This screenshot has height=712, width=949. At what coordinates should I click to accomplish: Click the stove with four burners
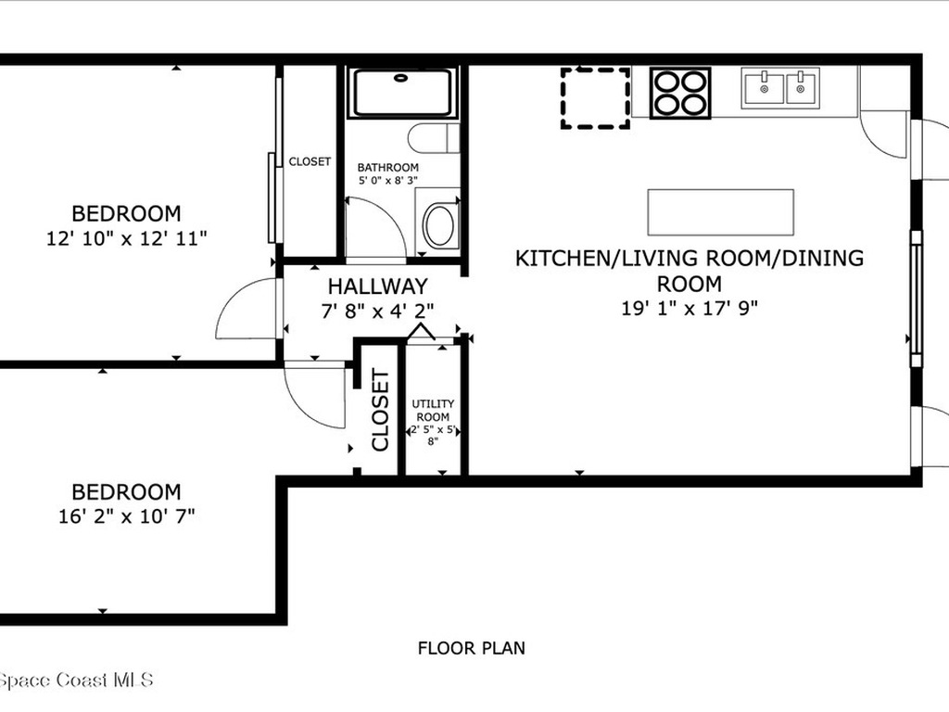click(680, 93)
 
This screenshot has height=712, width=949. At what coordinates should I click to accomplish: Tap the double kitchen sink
click(779, 88)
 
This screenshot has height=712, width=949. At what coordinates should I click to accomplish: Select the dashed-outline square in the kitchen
click(595, 96)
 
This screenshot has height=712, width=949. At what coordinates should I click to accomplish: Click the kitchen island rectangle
click(720, 212)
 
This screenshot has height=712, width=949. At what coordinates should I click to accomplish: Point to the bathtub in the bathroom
click(402, 92)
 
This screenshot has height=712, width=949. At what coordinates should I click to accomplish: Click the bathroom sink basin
click(439, 225)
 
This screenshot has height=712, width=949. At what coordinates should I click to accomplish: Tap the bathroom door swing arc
click(380, 226)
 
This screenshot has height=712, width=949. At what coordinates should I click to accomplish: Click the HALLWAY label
click(377, 286)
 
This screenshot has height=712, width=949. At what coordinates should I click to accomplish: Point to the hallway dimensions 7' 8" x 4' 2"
click(377, 311)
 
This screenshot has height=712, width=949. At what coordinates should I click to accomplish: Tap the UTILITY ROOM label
click(433, 410)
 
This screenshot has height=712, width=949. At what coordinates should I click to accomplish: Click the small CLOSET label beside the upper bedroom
click(310, 161)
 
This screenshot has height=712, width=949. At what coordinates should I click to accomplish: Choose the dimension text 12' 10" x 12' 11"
click(126, 238)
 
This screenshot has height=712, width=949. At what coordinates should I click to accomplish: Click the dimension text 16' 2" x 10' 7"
click(126, 515)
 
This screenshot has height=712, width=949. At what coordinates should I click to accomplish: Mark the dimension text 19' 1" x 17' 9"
click(690, 308)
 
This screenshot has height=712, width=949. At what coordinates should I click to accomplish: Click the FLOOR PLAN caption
click(471, 648)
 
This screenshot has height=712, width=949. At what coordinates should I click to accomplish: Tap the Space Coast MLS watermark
click(76, 680)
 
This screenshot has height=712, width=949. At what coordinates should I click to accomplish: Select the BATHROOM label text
click(388, 168)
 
